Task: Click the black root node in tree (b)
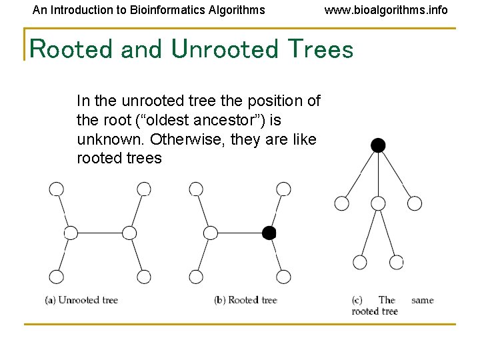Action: click(x=269, y=233)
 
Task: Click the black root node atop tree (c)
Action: click(x=378, y=145)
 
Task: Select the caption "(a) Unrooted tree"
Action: click(x=81, y=300)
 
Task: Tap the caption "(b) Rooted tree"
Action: click(x=245, y=300)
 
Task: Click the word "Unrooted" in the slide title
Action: click(x=224, y=49)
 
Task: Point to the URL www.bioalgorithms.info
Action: click(x=386, y=10)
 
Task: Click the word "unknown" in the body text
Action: click(x=111, y=139)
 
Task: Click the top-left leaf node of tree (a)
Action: click(x=57, y=189)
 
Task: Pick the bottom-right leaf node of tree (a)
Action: click(x=143, y=276)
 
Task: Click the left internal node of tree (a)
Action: click(x=71, y=233)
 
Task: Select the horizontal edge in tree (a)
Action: click(x=100, y=233)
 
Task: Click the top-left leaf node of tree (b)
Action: click(x=196, y=189)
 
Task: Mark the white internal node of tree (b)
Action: click(x=210, y=233)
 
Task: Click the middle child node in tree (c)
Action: click(x=378, y=203)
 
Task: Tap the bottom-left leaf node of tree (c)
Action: click(x=360, y=262)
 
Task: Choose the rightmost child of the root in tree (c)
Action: click(x=415, y=203)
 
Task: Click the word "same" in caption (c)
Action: click(x=422, y=300)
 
